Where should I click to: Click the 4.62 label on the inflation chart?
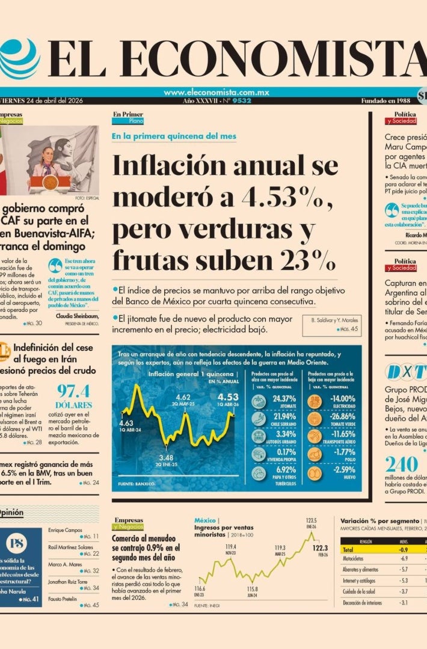pos(183,397)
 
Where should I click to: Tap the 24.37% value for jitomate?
pos(284,399)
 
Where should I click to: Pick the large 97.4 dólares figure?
pos(73,391)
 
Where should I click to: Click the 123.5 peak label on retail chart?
pos(311,520)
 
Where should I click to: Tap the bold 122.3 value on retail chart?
pos(320,547)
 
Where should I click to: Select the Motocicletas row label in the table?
pos(355,559)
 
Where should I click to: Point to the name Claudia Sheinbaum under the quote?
pos(76,315)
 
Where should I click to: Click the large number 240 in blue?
pos(401,464)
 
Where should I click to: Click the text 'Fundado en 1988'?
pos(386,101)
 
